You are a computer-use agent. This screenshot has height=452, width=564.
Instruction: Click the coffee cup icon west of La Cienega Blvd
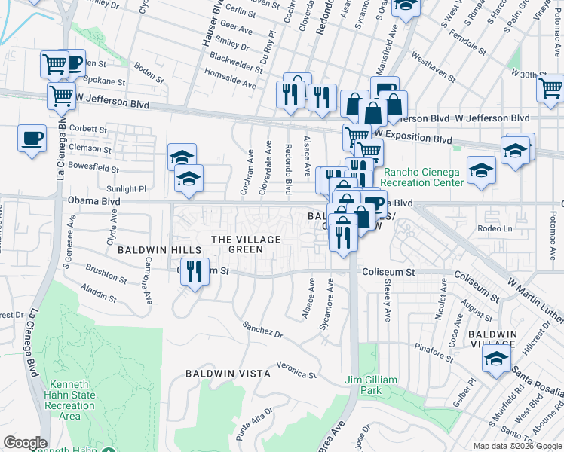(x=32, y=139)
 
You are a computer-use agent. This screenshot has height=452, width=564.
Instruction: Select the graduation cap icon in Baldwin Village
(x=496, y=359)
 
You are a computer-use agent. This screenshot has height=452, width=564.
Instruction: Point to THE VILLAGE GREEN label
(x=246, y=244)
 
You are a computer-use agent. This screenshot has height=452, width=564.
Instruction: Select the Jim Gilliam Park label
(x=371, y=385)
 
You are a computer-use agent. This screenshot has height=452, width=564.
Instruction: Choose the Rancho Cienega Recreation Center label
(x=422, y=177)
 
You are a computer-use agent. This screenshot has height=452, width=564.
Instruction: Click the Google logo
(x=25, y=443)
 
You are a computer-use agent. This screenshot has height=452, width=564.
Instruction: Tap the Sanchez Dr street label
(x=262, y=329)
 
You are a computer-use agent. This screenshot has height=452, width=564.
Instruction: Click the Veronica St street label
(x=296, y=370)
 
